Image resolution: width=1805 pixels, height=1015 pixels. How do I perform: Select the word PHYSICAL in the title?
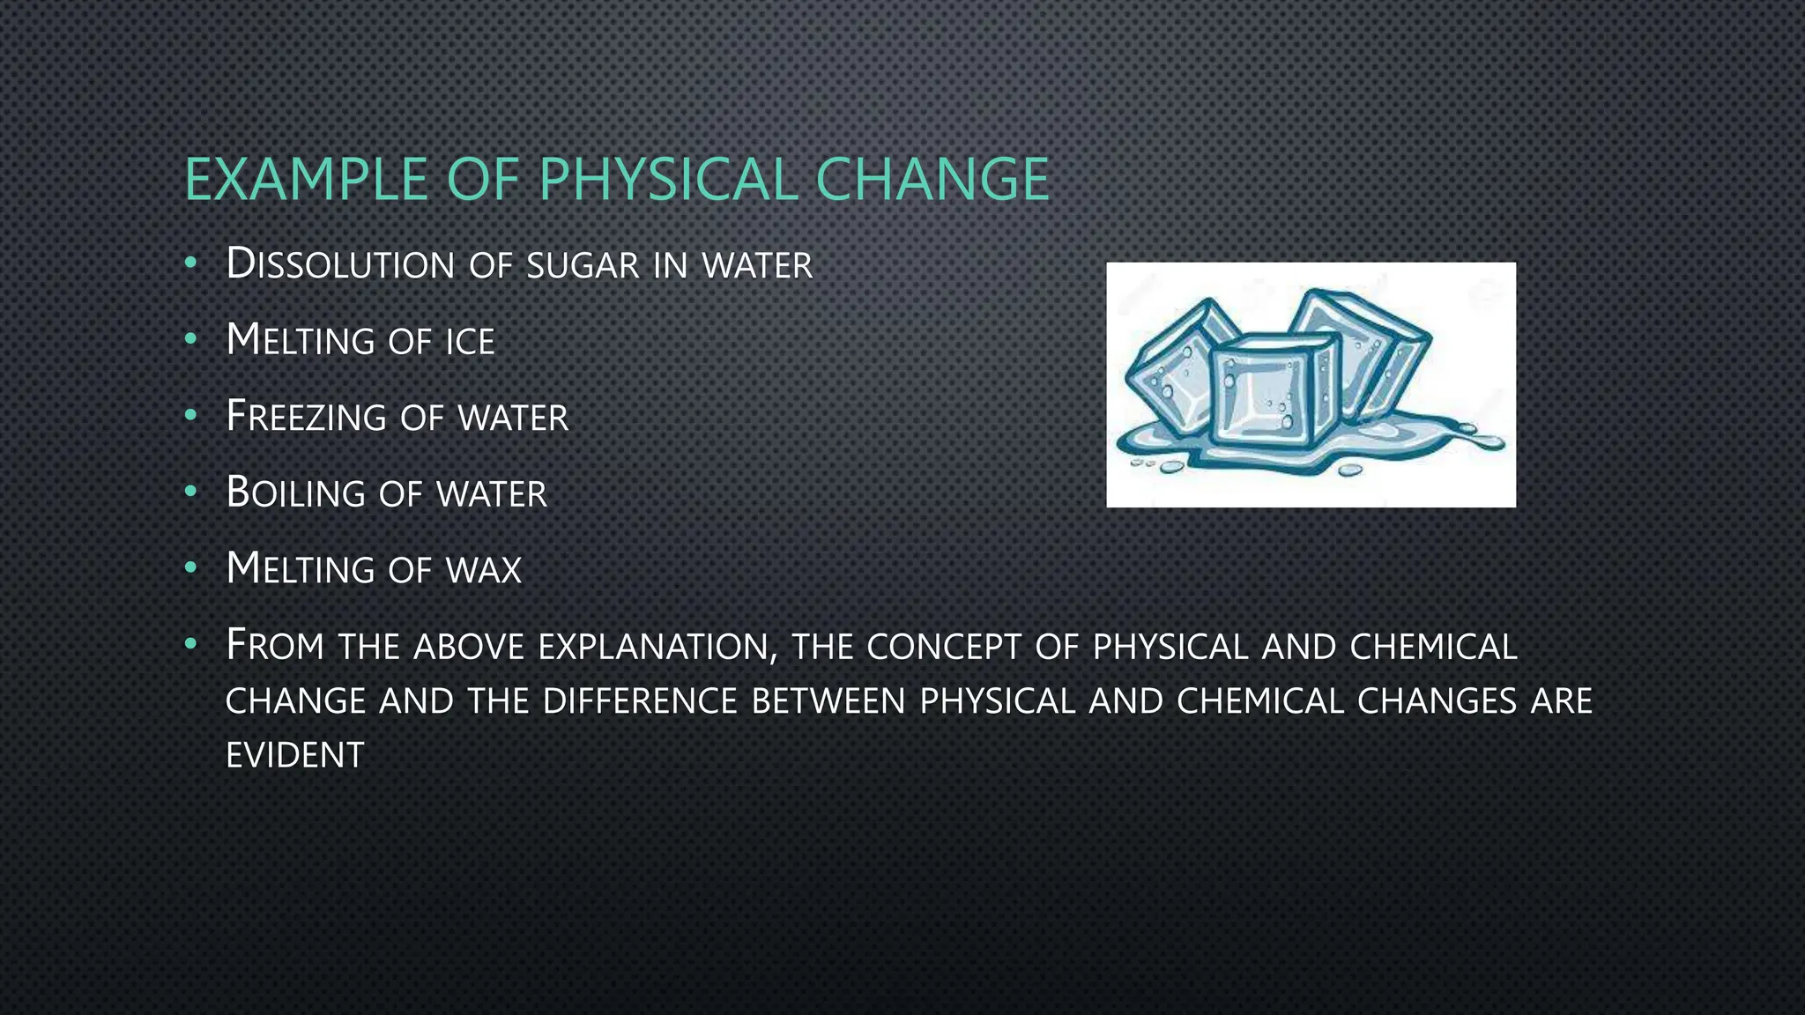coord(668,179)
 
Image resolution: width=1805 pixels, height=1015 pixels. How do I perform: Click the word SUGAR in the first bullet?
coord(582,266)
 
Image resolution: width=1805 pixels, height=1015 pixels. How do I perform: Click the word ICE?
coord(470,342)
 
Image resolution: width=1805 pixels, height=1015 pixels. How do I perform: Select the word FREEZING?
coord(306,417)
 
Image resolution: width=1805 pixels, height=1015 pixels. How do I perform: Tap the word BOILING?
coord(295,493)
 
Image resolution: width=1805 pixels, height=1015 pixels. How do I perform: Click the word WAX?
coord(484,570)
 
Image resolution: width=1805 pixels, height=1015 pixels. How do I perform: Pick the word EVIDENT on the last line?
coord(294,755)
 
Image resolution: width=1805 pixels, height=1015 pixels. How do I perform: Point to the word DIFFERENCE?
coord(640,701)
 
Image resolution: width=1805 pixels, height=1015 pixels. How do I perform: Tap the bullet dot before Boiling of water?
coord(190,492)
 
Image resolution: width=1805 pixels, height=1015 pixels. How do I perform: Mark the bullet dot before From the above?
coord(190,644)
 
